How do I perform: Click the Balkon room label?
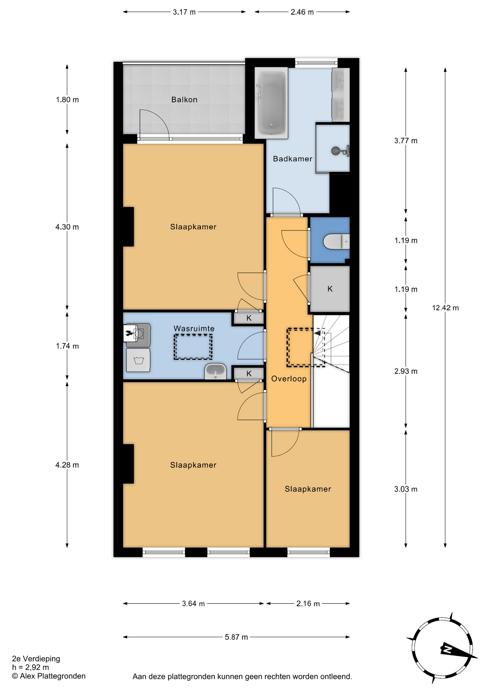(x=184, y=100)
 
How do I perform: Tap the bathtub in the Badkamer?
(x=271, y=103)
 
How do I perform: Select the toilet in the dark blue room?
(x=336, y=241)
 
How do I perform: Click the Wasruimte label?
(x=194, y=328)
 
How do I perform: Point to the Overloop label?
(x=289, y=379)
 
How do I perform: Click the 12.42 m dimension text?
(x=445, y=308)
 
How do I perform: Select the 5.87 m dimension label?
(x=236, y=637)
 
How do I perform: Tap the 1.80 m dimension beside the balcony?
(x=67, y=100)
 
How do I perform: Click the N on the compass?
(x=447, y=650)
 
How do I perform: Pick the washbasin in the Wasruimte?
(x=215, y=371)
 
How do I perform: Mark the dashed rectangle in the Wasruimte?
(x=193, y=347)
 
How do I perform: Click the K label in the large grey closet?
(x=330, y=289)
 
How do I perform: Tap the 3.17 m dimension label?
(x=184, y=12)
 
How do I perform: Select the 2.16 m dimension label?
(x=308, y=603)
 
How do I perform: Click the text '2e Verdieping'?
(x=36, y=659)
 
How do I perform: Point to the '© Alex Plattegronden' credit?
(x=49, y=676)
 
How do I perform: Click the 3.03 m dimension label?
(x=406, y=489)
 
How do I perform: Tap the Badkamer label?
(x=292, y=159)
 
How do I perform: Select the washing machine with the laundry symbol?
(x=138, y=360)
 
